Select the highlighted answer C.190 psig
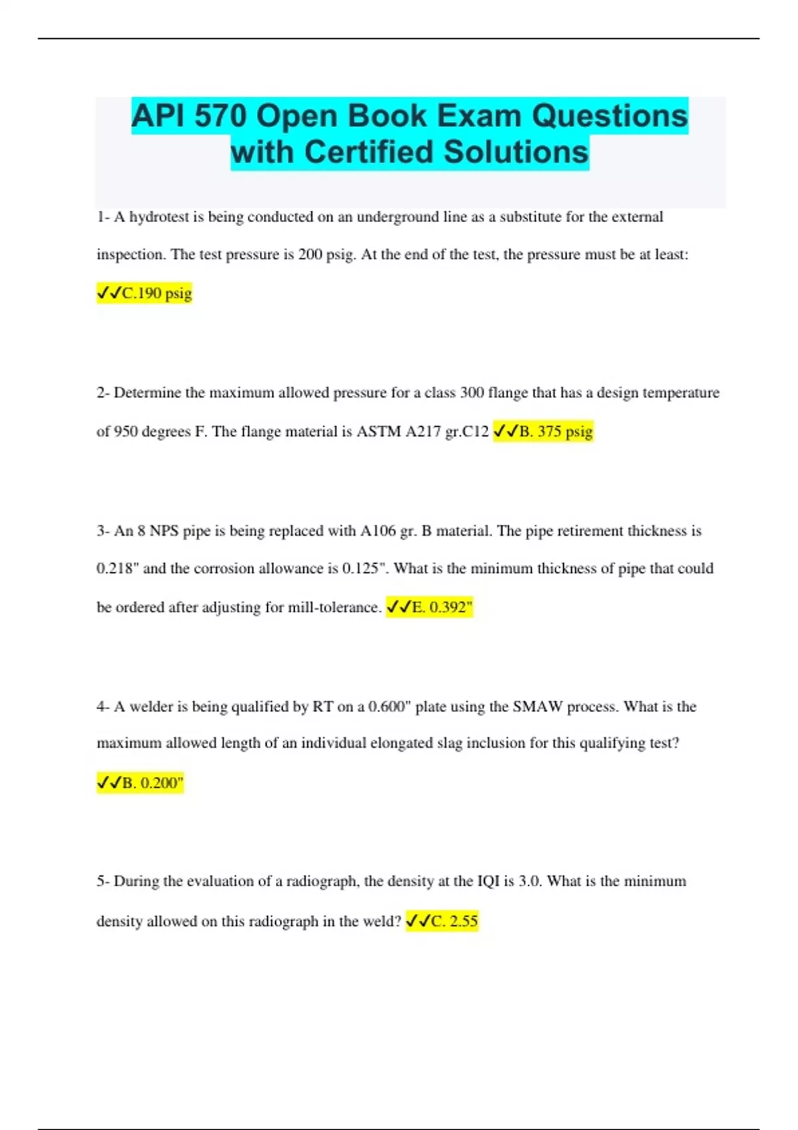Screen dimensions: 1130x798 point(144,293)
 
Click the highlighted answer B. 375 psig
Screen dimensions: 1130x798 point(543,431)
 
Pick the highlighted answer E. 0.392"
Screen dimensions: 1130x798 point(429,607)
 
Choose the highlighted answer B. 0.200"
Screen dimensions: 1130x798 point(140,782)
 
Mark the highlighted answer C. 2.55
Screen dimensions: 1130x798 point(442,921)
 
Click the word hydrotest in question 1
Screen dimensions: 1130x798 point(159,217)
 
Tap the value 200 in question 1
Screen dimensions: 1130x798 point(310,255)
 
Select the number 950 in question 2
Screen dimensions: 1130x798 point(126,431)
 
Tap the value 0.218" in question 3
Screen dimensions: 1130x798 point(117,569)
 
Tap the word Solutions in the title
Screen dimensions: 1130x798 point(515,152)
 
